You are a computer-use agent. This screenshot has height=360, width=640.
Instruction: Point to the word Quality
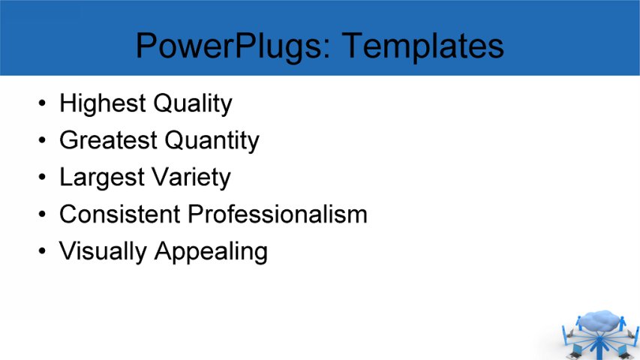coord(193,103)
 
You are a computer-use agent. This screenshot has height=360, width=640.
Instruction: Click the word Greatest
coord(108,140)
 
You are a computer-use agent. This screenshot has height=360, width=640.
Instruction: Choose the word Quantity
coord(212,140)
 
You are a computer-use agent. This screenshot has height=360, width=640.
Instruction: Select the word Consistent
coord(120,214)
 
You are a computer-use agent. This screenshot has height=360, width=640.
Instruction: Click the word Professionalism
coord(278,214)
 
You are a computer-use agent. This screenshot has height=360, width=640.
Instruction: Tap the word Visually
coord(104,251)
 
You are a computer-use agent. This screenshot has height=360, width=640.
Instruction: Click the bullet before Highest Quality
coord(42,103)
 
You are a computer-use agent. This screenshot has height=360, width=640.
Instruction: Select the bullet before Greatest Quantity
coord(42,140)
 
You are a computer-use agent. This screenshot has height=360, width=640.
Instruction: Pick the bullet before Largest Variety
coord(42,178)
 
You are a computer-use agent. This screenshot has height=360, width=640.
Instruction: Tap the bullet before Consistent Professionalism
coord(42,214)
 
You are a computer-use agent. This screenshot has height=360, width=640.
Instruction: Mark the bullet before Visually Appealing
coord(42,251)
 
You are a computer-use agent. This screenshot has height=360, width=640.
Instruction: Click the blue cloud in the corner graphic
coord(600,322)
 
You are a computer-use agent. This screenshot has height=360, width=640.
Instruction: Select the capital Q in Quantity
coord(174,140)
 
